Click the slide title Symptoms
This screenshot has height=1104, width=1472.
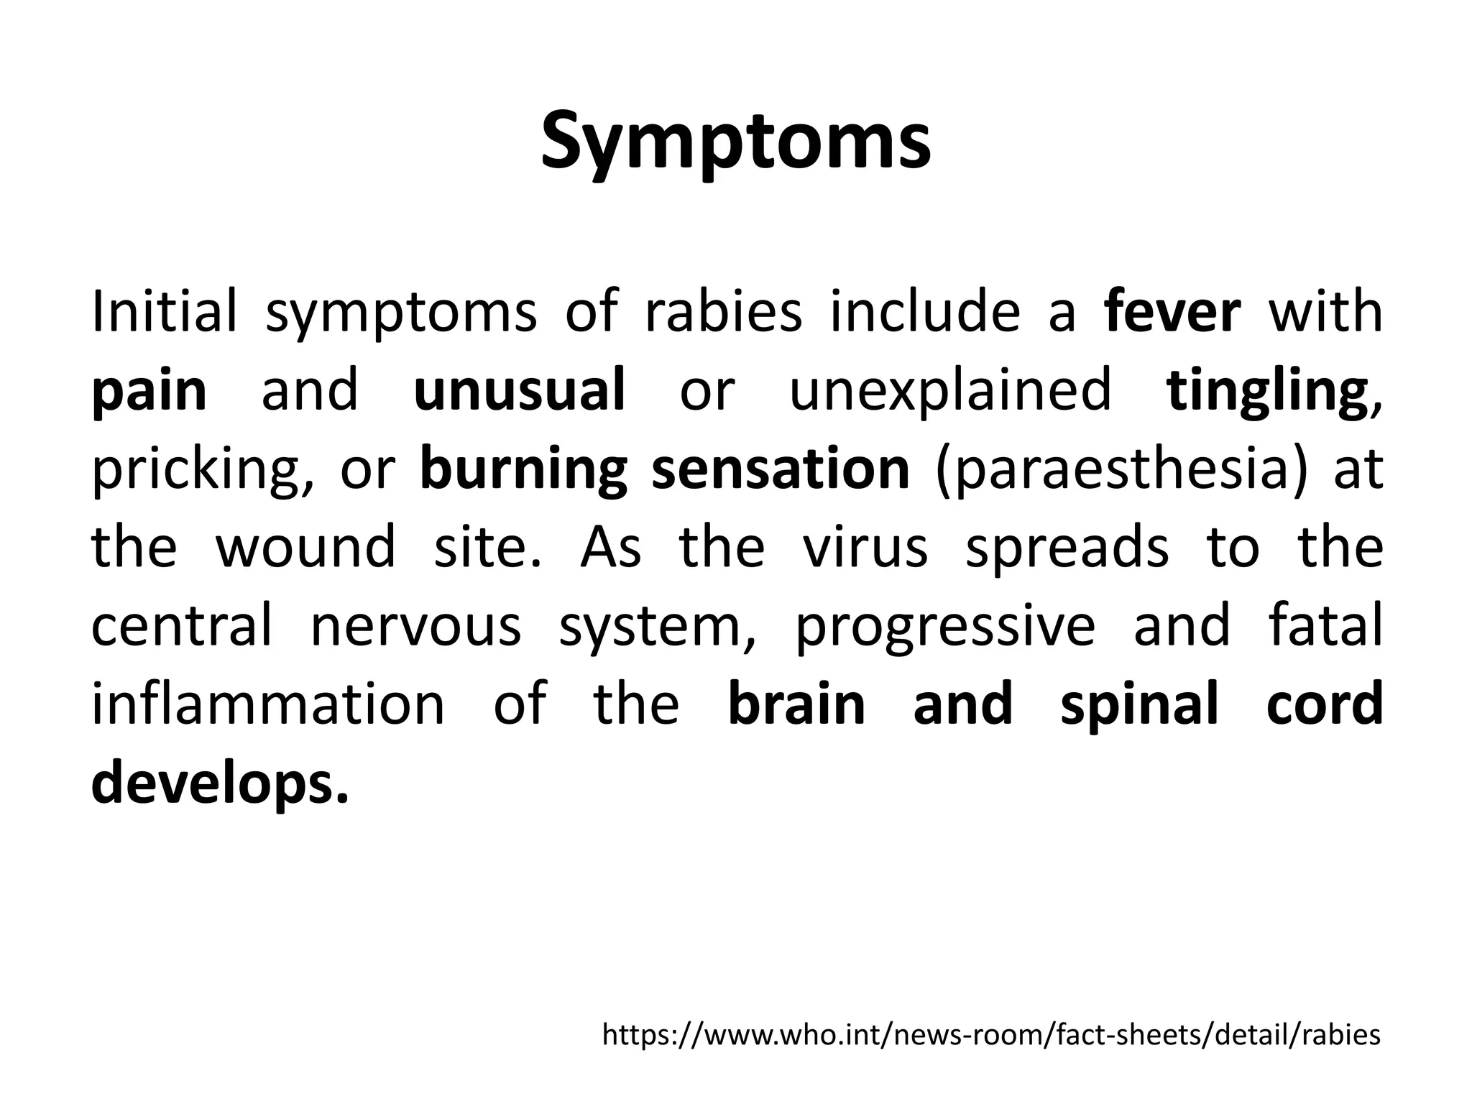click(735, 142)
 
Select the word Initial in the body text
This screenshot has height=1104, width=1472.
click(164, 312)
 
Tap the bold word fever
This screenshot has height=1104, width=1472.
click(1172, 312)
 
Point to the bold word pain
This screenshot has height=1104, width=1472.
click(149, 392)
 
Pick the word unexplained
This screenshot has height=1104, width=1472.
click(950, 392)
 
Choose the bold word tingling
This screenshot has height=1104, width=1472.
click(1266, 392)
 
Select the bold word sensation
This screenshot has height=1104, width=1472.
click(781, 469)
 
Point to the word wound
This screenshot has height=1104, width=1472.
click(305, 546)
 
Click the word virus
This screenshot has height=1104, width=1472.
click(865, 546)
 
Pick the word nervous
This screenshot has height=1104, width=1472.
click(415, 625)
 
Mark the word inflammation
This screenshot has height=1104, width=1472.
click(269, 704)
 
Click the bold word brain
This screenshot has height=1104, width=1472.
click(796, 704)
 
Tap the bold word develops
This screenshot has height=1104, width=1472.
click(219, 784)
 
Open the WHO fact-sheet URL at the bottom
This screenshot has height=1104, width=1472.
click(991, 1035)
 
